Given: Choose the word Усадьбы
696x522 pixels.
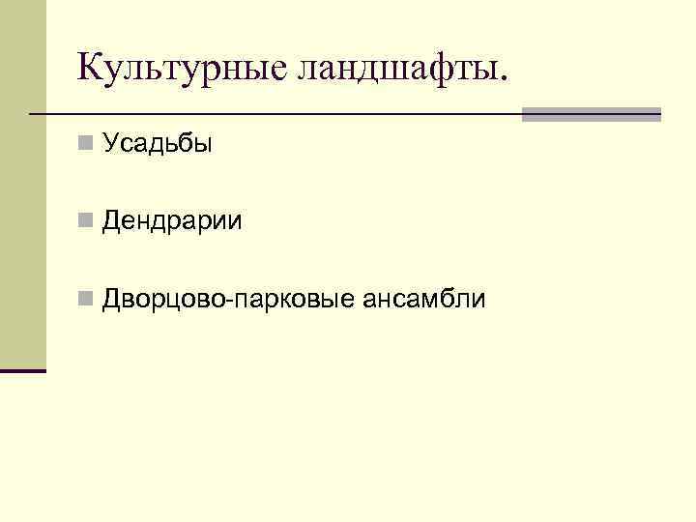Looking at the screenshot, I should click(x=157, y=145).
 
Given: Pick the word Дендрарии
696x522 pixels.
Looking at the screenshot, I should click(x=173, y=222).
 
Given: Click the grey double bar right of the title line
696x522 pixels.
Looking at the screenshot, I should click(x=591, y=114).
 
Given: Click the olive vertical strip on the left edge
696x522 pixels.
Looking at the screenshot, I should click(x=22, y=184).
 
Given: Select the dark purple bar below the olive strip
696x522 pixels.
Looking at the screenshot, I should click(x=22, y=370).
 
